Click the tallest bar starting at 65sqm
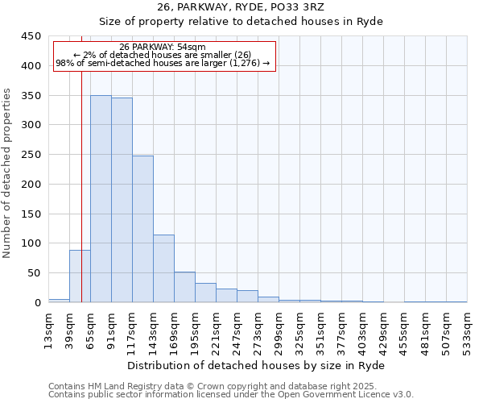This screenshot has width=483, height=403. point(101,199)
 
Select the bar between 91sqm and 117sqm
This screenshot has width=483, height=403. point(122,200)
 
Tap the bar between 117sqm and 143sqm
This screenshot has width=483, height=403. point(142,229)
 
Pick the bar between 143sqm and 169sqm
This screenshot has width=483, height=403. point(163,268)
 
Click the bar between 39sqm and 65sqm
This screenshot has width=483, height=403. point(80,276)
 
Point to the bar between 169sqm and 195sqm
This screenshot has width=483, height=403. point(184,287)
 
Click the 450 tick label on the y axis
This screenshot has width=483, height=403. point(30,36)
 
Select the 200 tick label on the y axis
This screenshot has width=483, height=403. point(30,185)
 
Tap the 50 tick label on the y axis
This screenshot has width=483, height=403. point(33,273)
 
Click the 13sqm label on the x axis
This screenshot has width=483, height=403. point(49,330)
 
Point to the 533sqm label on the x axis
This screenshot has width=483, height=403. point(467,330)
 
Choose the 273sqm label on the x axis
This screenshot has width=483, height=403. point(258,330)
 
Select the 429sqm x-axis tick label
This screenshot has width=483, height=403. point(384,330)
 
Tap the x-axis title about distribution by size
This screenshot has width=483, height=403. point(258,365)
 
